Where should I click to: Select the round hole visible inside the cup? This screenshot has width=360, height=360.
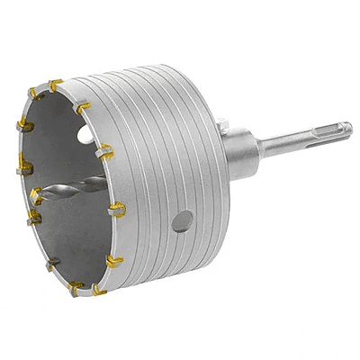(85, 135)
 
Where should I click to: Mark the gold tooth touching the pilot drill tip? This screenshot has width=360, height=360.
(36, 193)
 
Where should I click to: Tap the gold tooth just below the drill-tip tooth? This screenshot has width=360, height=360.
(35, 217)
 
